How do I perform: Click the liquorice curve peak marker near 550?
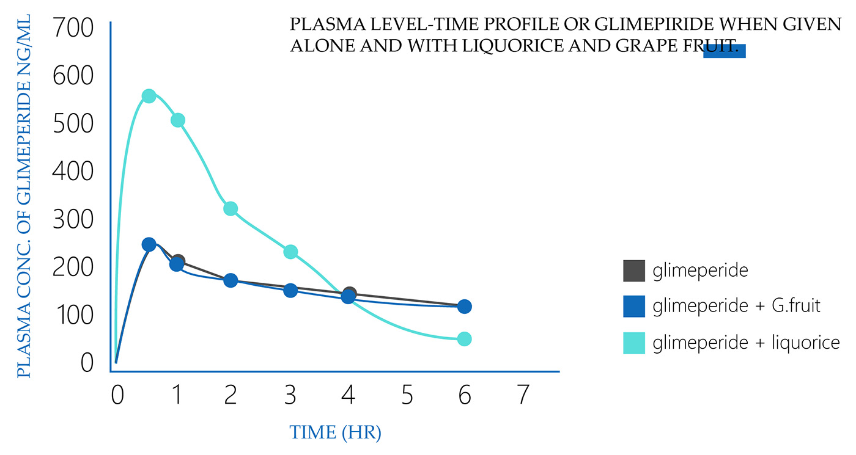149,96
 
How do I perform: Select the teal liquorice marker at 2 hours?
231,209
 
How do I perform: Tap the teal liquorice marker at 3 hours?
291,252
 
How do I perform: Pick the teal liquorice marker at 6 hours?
464,339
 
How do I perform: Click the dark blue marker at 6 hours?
464,307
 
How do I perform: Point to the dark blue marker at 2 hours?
231,280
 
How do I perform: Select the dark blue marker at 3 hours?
291,290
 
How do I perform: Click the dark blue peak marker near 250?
149,244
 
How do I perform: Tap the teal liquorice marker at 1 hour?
178,120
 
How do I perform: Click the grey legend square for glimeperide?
634,271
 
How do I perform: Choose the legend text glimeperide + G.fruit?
736,306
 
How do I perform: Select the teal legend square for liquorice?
634,343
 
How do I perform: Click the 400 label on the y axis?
73,172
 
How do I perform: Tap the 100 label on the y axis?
73,316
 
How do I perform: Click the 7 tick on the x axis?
523,396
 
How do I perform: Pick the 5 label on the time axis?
407,396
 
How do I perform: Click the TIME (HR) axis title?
336,433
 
